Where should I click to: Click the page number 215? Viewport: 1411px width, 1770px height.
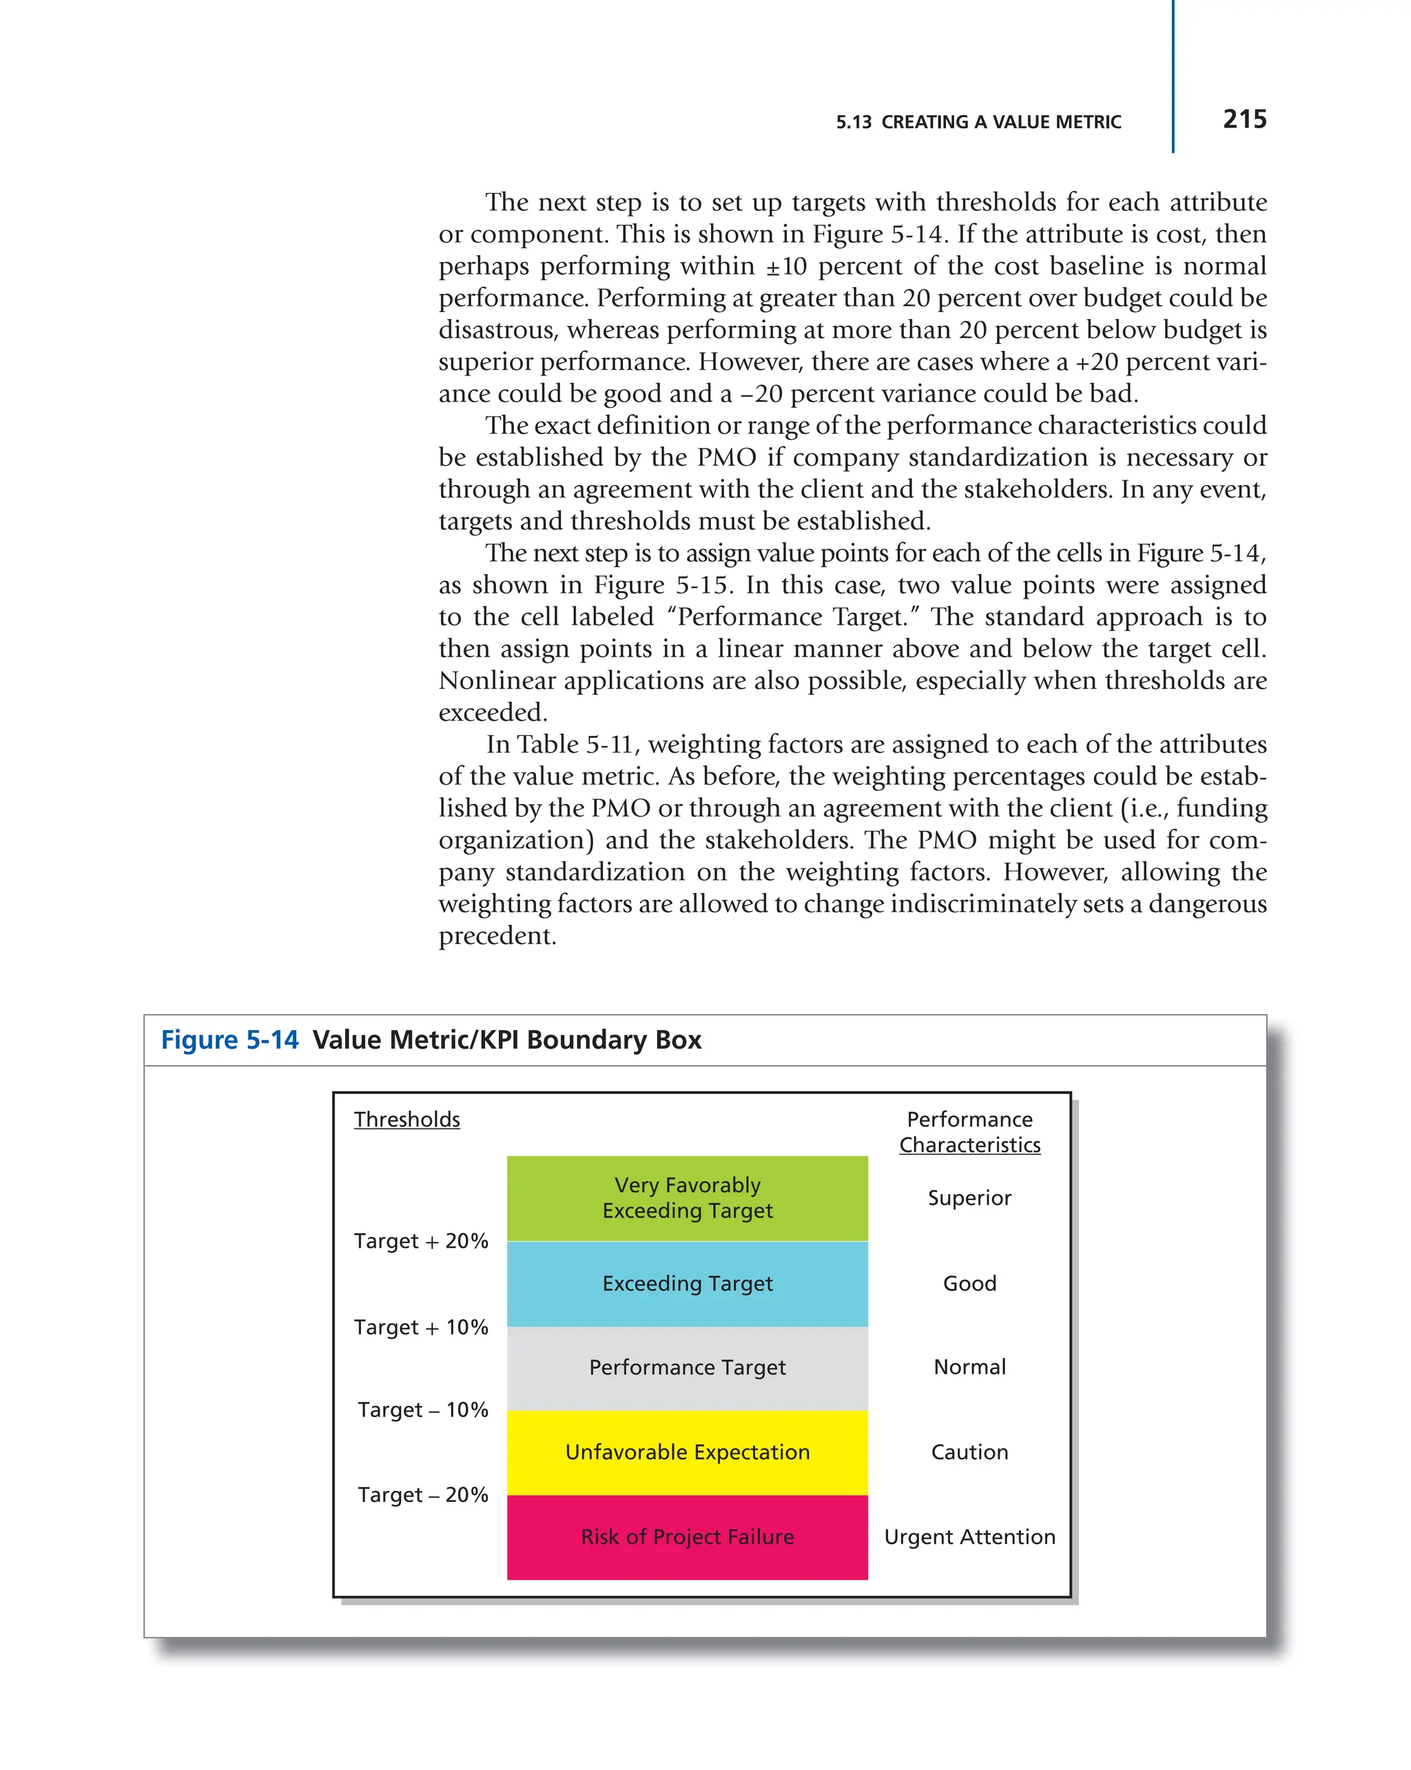click(1244, 119)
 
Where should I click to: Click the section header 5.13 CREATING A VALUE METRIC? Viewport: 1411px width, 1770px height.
click(978, 123)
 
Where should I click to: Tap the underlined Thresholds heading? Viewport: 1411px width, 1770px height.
click(406, 1119)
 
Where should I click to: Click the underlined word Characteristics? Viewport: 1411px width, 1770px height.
click(969, 1144)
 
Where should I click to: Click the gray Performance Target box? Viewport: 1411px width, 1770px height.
click(687, 1367)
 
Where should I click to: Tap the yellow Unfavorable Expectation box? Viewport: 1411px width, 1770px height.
click(687, 1452)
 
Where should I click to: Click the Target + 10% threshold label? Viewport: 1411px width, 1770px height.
click(420, 1327)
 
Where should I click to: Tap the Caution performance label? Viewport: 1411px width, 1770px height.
click(969, 1452)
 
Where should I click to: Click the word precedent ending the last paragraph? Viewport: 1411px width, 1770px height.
click(497, 936)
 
